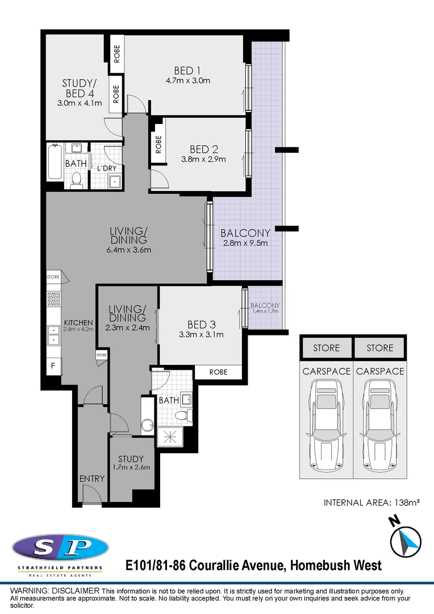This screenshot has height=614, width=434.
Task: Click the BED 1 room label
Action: (187, 70)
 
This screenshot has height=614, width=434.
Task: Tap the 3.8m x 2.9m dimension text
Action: (203, 159)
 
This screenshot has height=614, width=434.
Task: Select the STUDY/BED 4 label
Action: (79, 89)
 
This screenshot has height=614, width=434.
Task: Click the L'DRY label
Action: (106, 169)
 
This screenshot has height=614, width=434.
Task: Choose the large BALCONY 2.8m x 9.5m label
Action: (245, 233)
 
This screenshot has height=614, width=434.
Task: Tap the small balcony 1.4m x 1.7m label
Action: (265, 309)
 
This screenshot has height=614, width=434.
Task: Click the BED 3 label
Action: (201, 325)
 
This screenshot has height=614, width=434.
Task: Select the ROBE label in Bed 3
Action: (218, 372)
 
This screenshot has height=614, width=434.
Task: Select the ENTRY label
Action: (91, 479)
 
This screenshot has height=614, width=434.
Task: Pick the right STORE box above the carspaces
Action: (379, 348)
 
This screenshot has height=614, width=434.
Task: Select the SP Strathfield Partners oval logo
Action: (60, 548)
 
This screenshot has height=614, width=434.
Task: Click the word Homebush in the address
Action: (323, 566)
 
